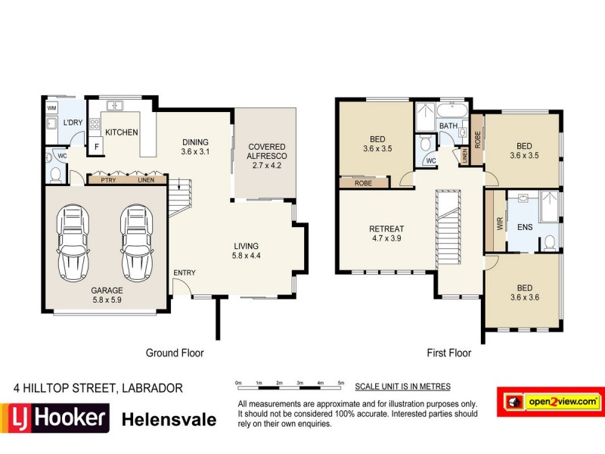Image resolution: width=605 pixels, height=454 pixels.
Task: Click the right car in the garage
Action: [x=136, y=241]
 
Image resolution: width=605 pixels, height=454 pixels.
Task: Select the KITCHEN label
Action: [x=121, y=132]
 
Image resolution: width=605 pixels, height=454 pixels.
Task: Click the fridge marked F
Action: [x=96, y=147]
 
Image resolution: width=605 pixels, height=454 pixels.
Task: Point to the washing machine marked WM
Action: [x=51, y=108]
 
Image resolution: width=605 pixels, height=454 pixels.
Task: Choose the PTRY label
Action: [x=108, y=180]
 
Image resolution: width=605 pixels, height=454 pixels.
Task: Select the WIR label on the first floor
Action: [x=498, y=224]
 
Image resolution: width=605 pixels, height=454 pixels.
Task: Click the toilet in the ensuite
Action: [x=550, y=241]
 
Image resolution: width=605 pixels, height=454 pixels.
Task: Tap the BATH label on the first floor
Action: [x=448, y=126]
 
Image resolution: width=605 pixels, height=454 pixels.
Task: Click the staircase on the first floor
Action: [x=448, y=227]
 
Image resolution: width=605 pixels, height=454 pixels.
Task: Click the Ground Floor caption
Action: [x=174, y=353]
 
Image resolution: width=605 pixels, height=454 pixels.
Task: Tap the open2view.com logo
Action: [x=549, y=400]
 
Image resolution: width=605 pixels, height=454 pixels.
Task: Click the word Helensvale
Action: [x=169, y=419]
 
